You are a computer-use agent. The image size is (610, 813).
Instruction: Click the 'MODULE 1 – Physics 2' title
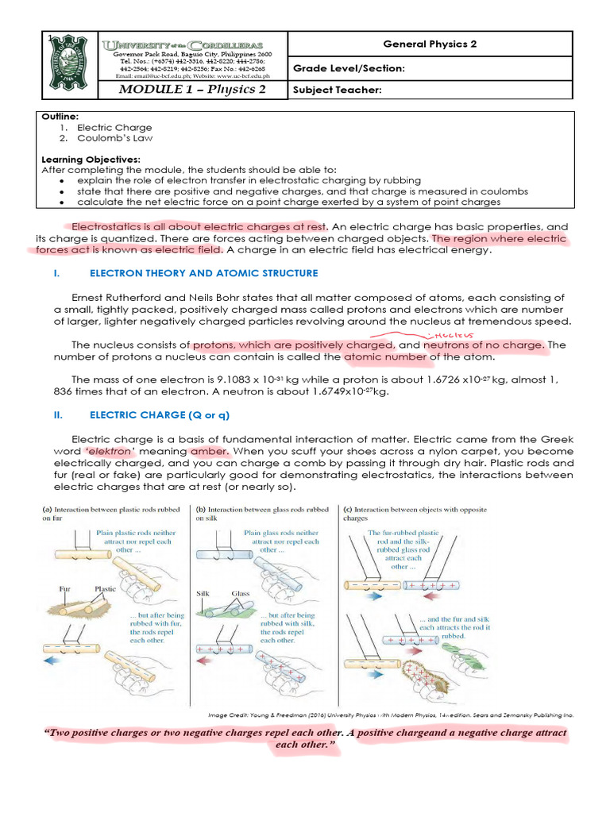point(191,89)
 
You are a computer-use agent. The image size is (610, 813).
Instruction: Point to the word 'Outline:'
point(59,117)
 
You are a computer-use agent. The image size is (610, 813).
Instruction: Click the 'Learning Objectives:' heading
point(91,159)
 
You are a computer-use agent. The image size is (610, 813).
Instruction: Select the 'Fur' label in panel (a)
point(65,589)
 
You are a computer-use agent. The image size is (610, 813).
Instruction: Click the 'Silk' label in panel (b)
point(203,593)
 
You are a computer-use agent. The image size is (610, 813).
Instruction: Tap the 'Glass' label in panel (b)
point(241,593)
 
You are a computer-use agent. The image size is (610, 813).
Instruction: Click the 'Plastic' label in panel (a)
point(105,589)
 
